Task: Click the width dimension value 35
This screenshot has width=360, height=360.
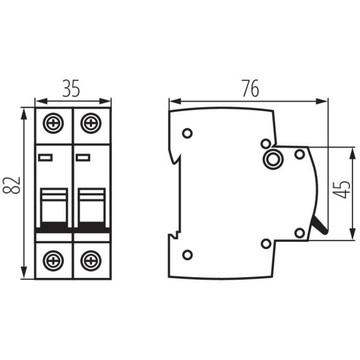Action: coord(71,88)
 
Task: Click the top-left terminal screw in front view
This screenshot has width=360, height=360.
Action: coord(54,121)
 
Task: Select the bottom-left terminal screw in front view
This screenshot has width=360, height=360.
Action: coord(54,259)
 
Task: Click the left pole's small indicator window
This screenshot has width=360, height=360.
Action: coord(45,157)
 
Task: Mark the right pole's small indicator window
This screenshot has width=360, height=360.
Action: coord(83,157)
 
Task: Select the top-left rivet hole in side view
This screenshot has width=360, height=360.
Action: coord(187,133)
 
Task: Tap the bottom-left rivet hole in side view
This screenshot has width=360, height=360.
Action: coord(187,255)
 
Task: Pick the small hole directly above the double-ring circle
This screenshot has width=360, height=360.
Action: coord(265,143)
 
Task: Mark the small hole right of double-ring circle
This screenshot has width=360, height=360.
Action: coord(299,154)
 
